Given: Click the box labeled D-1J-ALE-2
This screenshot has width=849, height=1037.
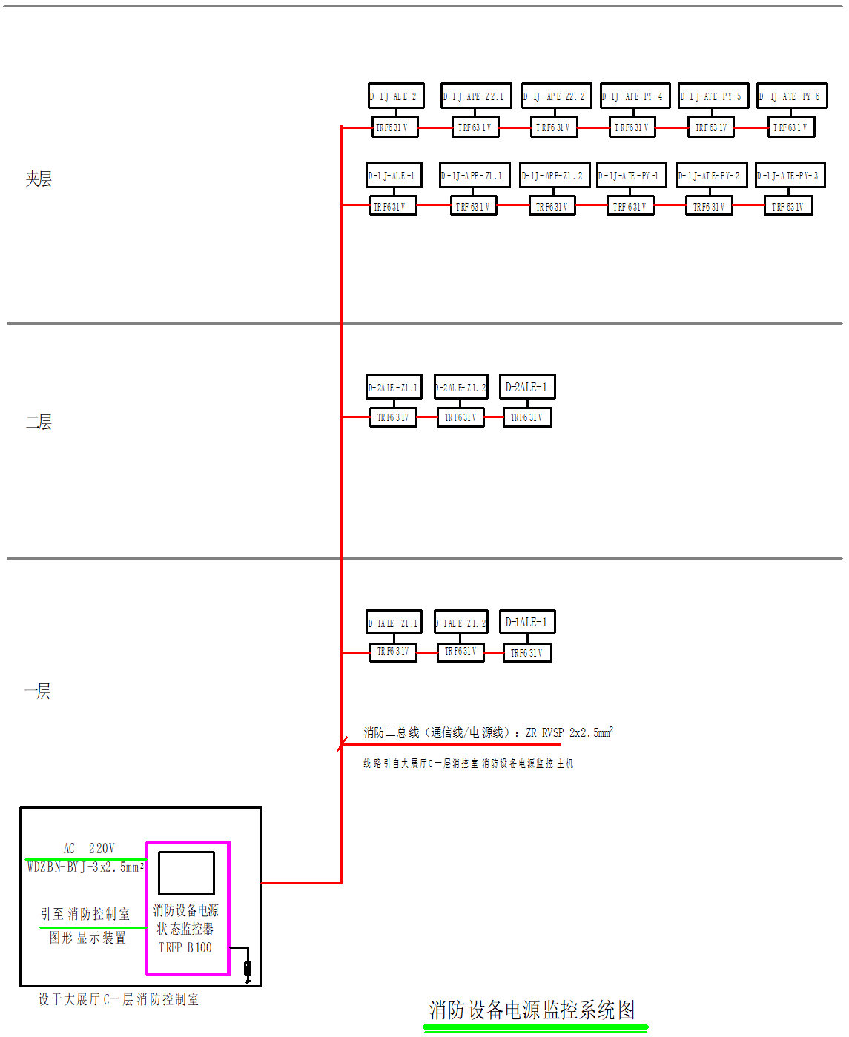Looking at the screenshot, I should pyautogui.click(x=396, y=96).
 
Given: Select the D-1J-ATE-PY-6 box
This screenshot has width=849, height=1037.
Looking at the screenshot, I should pyautogui.click(x=792, y=96).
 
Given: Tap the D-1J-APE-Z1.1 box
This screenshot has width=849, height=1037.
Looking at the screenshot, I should pyautogui.click(x=475, y=175).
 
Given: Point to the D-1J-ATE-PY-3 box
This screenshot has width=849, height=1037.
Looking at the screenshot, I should pyautogui.click(x=790, y=175).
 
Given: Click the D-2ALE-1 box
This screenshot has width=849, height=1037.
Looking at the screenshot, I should pyautogui.click(x=527, y=386).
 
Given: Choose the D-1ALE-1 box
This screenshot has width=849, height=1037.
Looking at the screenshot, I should pyautogui.click(x=527, y=621).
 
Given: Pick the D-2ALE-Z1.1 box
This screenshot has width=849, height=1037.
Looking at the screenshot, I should pyautogui.click(x=394, y=386).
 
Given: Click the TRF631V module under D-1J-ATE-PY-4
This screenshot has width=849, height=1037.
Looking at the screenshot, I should pyautogui.click(x=632, y=127).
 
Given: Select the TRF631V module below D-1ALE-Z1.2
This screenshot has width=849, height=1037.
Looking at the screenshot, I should pyautogui.click(x=460, y=652).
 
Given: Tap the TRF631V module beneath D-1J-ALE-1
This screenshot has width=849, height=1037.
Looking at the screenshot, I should pyautogui.click(x=393, y=206).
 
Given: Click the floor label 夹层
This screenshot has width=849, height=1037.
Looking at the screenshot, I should pyautogui.click(x=39, y=179).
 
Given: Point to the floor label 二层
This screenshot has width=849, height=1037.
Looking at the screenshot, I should pyautogui.click(x=39, y=423).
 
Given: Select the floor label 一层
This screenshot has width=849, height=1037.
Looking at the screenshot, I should pyautogui.click(x=38, y=692).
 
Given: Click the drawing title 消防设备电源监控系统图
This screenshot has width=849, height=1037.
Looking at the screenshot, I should pyautogui.click(x=532, y=1010).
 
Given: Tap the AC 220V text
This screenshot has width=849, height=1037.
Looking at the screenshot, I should pyautogui.click(x=89, y=848).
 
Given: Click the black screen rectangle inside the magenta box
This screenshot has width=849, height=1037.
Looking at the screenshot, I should pyautogui.click(x=186, y=873).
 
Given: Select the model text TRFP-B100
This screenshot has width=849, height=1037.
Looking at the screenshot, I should pyautogui.click(x=185, y=947).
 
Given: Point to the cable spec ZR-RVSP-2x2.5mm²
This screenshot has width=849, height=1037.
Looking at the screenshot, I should pyautogui.click(x=569, y=732).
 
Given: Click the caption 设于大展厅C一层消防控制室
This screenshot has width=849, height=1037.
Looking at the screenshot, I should pyautogui.click(x=119, y=999).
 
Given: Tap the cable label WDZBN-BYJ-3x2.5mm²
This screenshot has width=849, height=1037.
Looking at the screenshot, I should pyautogui.click(x=85, y=867).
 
